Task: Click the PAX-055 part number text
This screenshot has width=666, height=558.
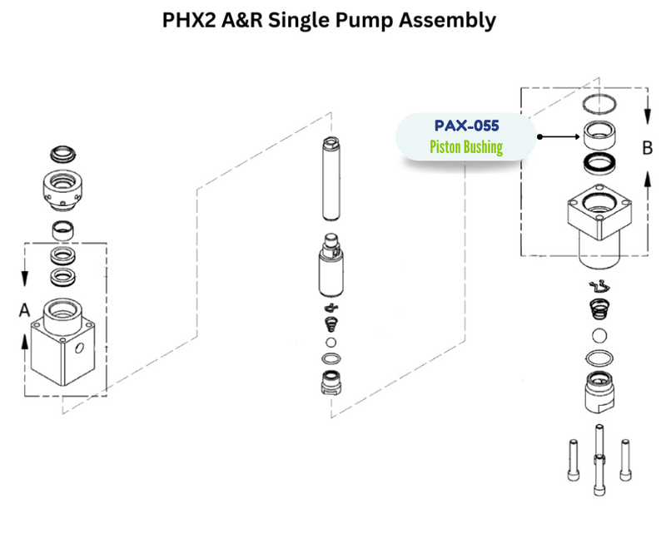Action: [x=466, y=126]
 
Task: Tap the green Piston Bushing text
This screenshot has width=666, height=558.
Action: [x=466, y=148]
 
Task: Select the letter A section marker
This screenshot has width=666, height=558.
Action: [x=25, y=309]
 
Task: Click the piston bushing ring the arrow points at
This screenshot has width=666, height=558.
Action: [x=598, y=133]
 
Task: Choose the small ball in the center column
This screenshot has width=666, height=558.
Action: [x=331, y=343]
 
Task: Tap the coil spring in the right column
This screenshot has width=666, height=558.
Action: [x=599, y=309]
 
